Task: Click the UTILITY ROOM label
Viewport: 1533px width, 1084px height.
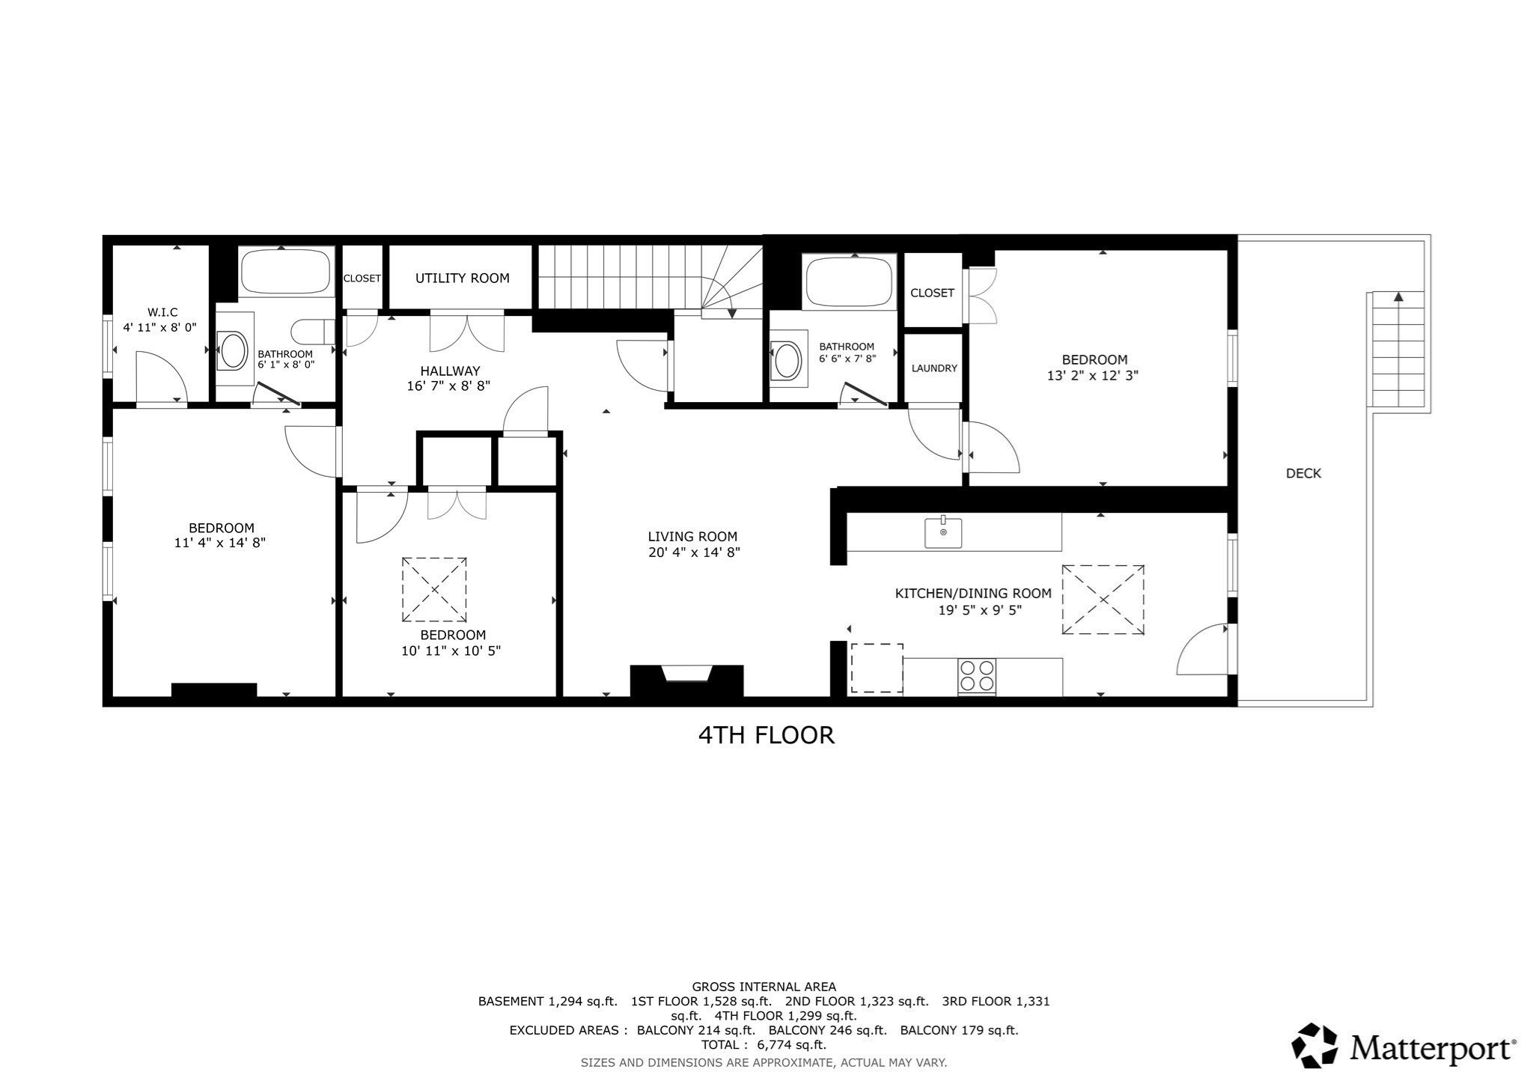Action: [462, 278]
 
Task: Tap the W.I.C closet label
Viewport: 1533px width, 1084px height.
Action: [162, 312]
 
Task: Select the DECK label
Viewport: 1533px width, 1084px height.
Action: [1303, 473]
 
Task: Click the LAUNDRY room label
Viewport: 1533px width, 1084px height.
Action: [933, 368]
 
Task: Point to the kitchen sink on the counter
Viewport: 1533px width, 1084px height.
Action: [943, 532]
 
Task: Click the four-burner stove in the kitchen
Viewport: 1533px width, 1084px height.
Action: [977, 676]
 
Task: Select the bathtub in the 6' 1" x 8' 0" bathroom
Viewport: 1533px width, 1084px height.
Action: [285, 271]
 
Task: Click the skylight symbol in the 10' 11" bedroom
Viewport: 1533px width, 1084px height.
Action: [434, 589]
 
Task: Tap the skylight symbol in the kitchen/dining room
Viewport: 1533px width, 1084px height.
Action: [1103, 600]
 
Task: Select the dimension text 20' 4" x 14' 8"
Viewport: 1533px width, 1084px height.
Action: [693, 553]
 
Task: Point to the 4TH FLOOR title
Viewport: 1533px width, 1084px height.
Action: [766, 735]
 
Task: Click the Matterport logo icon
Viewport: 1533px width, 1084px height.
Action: [1314, 1045]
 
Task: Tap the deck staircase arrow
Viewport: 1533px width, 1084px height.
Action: [1397, 298]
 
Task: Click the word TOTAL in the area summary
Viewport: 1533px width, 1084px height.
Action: [722, 1045]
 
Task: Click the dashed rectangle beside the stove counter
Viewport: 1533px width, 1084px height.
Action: [877, 668]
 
